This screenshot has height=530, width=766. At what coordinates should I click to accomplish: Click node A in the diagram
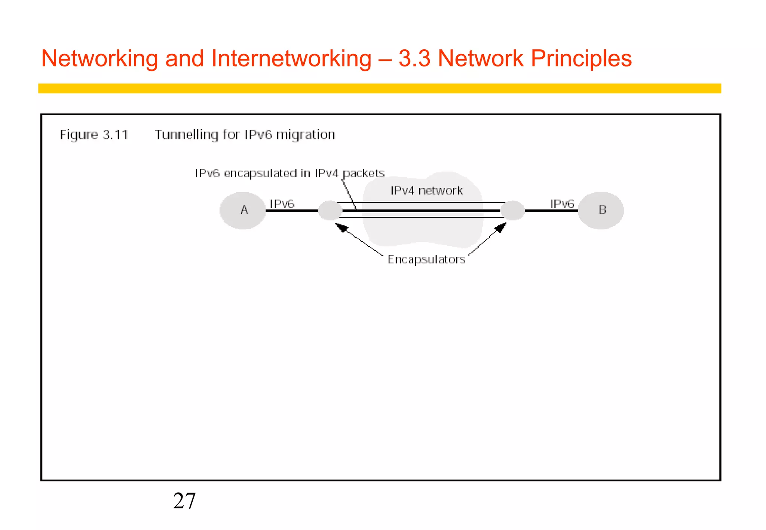pyautogui.click(x=243, y=210)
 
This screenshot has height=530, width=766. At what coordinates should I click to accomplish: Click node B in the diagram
pyautogui.click(x=601, y=210)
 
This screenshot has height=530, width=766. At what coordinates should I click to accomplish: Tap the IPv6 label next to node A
pyautogui.click(x=282, y=204)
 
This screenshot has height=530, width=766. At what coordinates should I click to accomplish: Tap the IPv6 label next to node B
pyautogui.click(x=562, y=204)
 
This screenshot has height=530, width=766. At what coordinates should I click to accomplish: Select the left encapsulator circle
pyautogui.click(x=330, y=210)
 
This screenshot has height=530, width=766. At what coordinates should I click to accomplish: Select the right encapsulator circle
pyautogui.click(x=512, y=210)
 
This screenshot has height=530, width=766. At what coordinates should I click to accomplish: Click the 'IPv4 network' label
pyautogui.click(x=427, y=191)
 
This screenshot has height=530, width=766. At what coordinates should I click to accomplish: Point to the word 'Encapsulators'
pyautogui.click(x=426, y=259)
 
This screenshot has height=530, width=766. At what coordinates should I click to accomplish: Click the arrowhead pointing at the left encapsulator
pyautogui.click(x=341, y=227)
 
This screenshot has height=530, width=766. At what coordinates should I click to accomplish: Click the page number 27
pyautogui.click(x=184, y=501)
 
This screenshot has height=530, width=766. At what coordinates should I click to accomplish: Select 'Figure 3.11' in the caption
pyautogui.click(x=94, y=135)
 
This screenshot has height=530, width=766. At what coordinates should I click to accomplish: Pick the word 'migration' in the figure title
pyautogui.click(x=305, y=135)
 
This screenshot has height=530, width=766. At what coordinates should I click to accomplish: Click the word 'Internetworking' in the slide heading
pyautogui.click(x=291, y=59)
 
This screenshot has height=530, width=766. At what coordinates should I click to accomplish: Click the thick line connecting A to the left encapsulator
pyautogui.click(x=292, y=211)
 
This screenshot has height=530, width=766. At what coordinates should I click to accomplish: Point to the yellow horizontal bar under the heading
pyautogui.click(x=379, y=88)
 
